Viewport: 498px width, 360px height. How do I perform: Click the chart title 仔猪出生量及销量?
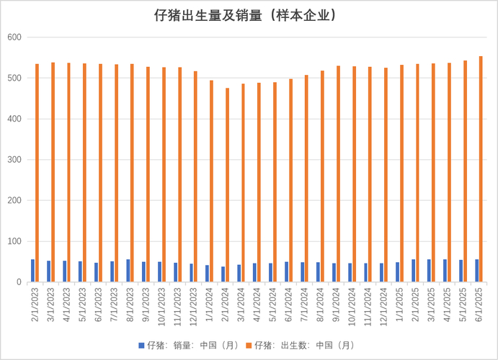point(249,15)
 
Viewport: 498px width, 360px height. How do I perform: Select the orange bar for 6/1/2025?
point(481,169)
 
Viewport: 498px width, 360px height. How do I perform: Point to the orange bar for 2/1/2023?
point(37,173)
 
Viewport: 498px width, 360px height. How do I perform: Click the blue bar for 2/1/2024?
point(223,274)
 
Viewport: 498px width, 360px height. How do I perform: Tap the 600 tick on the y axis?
point(15,37)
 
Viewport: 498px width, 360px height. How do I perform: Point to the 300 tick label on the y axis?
point(15,160)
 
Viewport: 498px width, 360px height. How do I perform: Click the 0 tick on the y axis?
point(19,282)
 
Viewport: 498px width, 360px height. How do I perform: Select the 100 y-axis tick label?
point(15,242)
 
